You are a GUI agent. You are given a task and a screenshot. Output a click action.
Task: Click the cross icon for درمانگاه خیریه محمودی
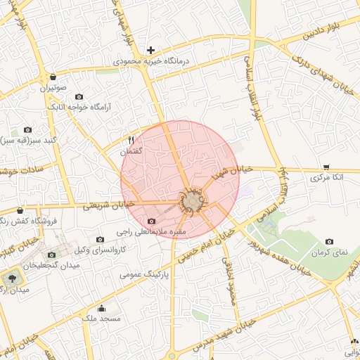click(x=150, y=50)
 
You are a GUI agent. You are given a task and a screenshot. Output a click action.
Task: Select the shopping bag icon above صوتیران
click(x=53, y=77)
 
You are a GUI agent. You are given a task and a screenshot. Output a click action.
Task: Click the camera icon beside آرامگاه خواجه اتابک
click(x=78, y=96)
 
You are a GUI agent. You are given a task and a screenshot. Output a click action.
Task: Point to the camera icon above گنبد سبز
click(x=27, y=130)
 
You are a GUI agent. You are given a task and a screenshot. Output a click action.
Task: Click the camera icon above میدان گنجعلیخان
click(x=51, y=255)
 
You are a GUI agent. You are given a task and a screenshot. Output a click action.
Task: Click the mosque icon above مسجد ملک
click(x=101, y=308)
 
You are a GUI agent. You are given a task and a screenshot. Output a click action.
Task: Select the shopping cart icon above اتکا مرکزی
click(x=326, y=167)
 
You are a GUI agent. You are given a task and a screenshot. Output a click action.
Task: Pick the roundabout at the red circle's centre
click(x=191, y=202)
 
